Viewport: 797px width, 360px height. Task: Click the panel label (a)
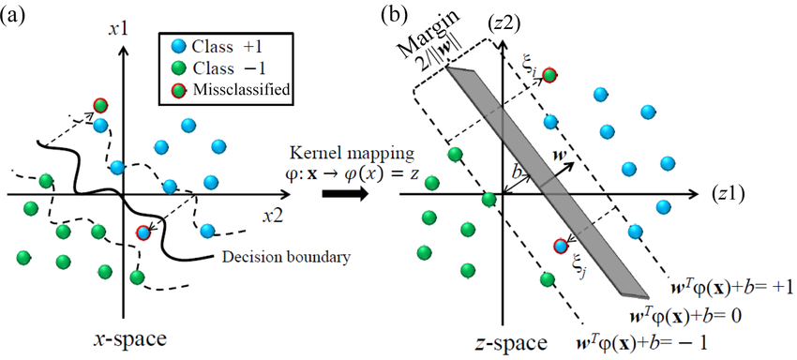click(x=15, y=16)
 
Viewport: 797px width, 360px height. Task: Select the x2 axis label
click(x=273, y=216)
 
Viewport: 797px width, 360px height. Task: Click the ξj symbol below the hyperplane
click(x=579, y=270)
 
